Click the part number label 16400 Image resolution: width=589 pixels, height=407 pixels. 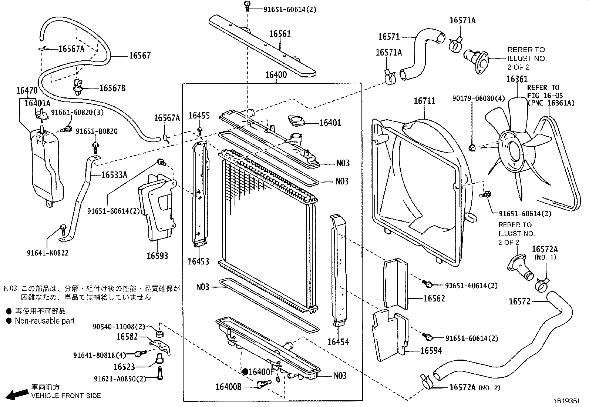[x=276, y=75]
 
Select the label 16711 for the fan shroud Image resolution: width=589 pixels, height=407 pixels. [x=424, y=101]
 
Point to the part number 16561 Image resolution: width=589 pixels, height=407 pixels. [x=280, y=34]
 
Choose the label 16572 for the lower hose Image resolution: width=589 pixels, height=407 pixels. [x=519, y=301]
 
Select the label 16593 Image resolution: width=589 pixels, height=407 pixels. [x=157, y=256]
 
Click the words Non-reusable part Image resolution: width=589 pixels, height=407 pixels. [x=45, y=321]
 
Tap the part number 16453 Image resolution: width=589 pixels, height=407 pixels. [x=198, y=261]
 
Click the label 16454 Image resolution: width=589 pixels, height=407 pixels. [x=338, y=342]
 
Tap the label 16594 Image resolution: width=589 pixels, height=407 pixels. [x=431, y=350]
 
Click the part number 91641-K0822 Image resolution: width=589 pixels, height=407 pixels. [x=47, y=253]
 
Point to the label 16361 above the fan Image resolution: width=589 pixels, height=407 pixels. [x=517, y=79]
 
